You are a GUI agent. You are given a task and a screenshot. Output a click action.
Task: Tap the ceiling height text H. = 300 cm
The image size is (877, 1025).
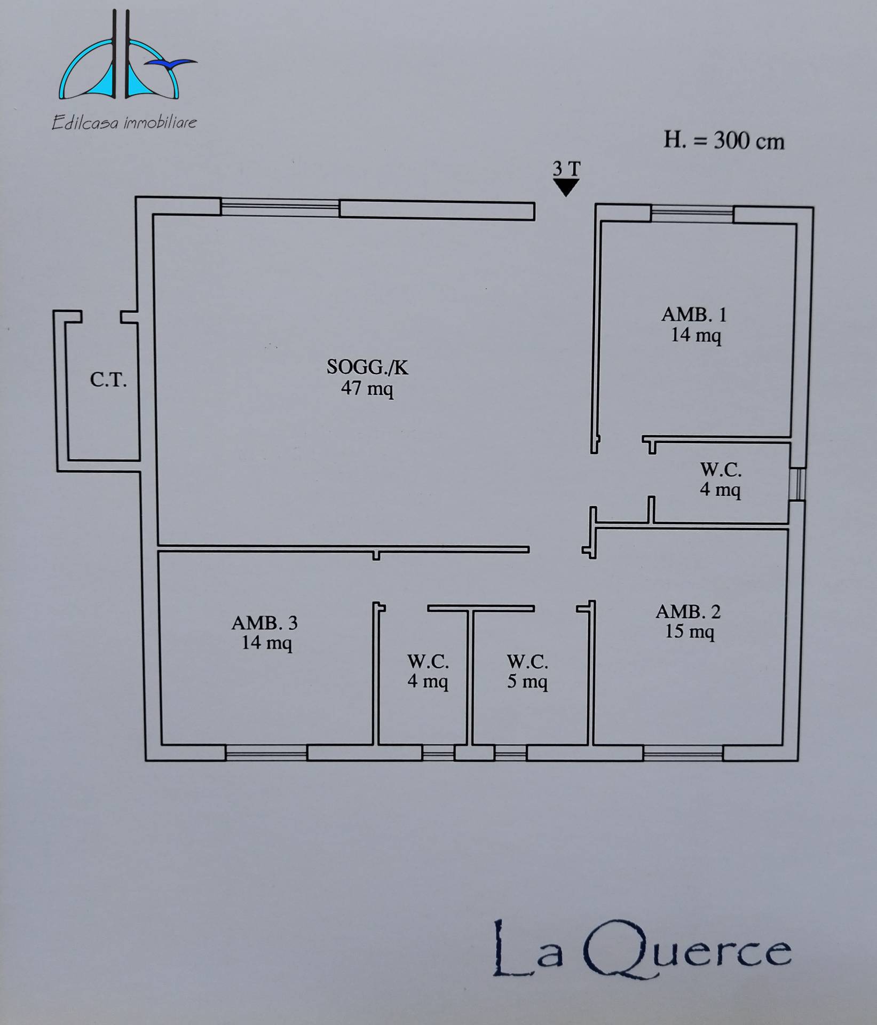click(x=724, y=141)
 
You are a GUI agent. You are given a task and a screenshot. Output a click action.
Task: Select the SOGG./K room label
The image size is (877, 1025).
click(x=367, y=367)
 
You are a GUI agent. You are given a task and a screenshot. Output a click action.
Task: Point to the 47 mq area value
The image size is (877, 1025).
click(x=367, y=388)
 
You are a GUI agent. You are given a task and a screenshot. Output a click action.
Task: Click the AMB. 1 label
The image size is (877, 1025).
click(x=694, y=314)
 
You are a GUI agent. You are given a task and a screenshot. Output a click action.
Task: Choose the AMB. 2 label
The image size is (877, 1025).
click(x=689, y=611)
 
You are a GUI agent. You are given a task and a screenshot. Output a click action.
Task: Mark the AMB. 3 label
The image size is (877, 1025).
click(x=265, y=622)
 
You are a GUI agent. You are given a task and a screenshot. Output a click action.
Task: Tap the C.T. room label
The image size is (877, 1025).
click(x=108, y=380)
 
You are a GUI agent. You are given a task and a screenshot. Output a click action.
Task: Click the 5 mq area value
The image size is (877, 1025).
click(x=527, y=682)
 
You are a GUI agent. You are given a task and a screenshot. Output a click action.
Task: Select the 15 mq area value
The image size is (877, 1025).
click(x=690, y=632)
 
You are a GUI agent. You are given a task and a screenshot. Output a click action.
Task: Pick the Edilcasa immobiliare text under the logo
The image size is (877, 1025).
click(x=124, y=123)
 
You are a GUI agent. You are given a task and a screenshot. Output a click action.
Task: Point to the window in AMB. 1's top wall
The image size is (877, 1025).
click(x=692, y=214)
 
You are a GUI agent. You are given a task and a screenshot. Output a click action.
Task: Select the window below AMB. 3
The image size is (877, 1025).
click(x=266, y=753)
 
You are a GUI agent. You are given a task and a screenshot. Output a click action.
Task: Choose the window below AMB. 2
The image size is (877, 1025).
click(x=683, y=753)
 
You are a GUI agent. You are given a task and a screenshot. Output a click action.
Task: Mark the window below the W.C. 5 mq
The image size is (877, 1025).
click(x=510, y=753)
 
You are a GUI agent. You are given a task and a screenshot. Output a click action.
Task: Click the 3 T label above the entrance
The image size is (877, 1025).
click(x=566, y=169)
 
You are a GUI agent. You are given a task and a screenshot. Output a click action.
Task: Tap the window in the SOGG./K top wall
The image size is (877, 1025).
click(x=280, y=207)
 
